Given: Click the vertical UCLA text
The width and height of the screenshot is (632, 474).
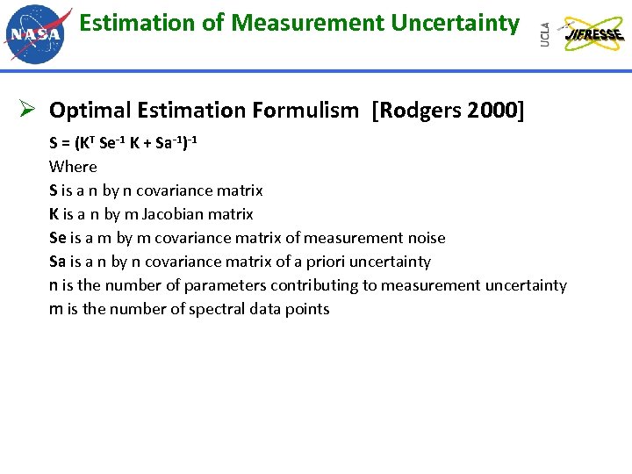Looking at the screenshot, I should coord(546,34).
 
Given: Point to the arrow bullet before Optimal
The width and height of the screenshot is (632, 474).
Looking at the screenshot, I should coord(26,110).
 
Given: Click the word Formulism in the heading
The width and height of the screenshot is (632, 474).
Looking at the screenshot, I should coord(305,111).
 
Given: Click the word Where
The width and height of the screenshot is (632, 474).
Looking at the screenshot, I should coord(73,167).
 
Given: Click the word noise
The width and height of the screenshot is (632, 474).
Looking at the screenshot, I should coord(426,238).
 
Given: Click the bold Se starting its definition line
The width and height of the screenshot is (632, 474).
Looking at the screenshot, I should coord(58,238).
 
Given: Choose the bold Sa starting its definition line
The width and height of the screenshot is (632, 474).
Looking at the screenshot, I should coord(58,262).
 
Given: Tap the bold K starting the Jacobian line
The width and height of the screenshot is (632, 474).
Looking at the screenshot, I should coord(54,214).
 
